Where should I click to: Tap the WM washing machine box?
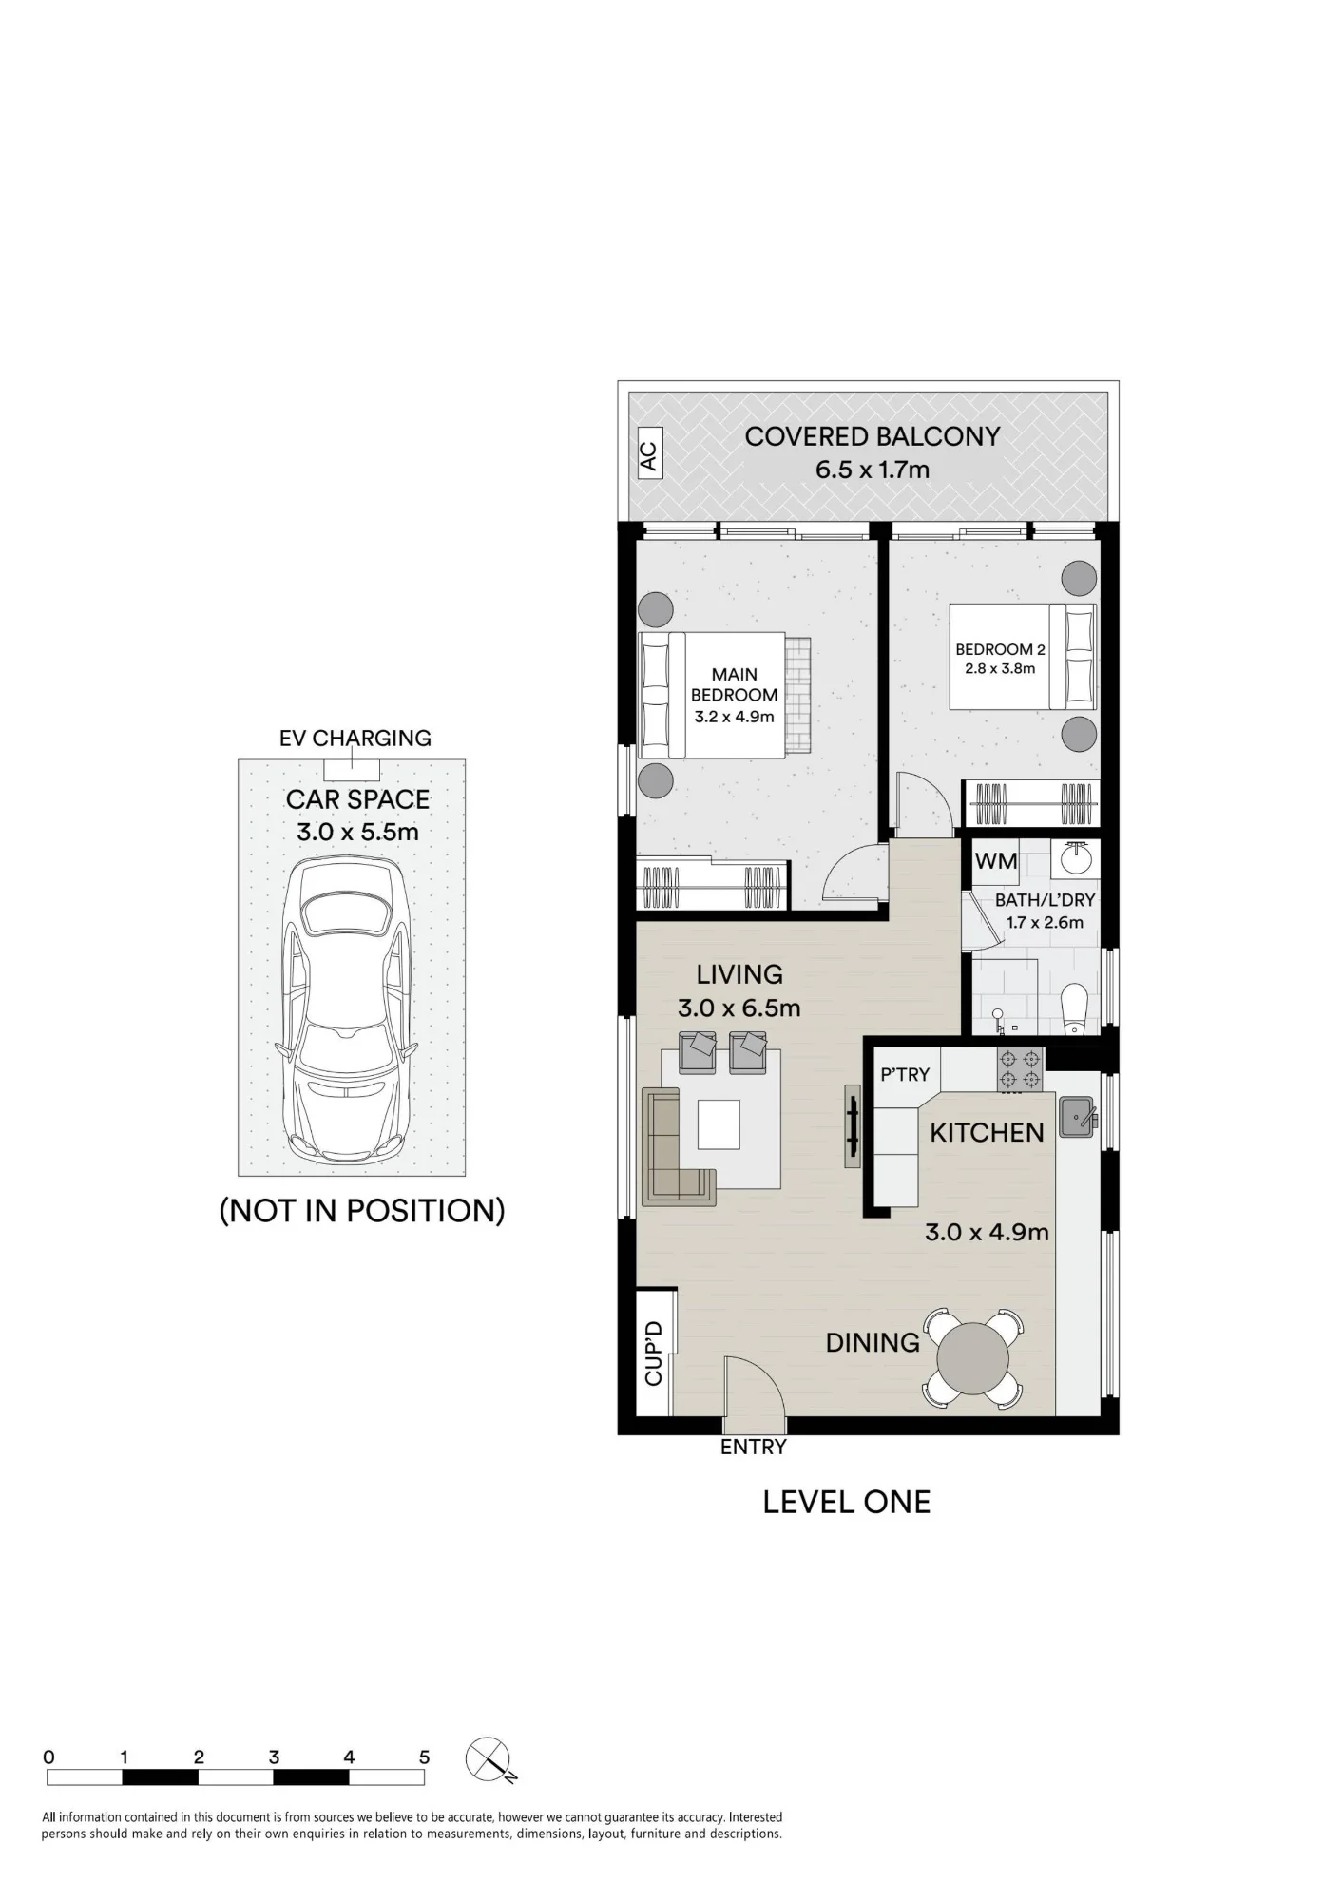click(x=995, y=861)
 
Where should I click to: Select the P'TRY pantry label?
click(x=905, y=1074)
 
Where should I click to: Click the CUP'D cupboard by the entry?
click(x=654, y=1352)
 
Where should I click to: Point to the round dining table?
click(x=972, y=1357)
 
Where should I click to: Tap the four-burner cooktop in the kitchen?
click(x=1019, y=1069)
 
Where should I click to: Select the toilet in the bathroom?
click(x=1073, y=1008)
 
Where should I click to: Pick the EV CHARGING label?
click(x=355, y=738)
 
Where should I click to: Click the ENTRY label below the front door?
click(x=754, y=1447)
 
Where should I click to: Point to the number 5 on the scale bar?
click(x=424, y=1757)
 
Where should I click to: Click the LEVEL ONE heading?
click(x=847, y=1502)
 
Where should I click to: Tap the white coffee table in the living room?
click(x=719, y=1124)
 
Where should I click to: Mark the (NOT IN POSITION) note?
click(x=362, y=1210)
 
